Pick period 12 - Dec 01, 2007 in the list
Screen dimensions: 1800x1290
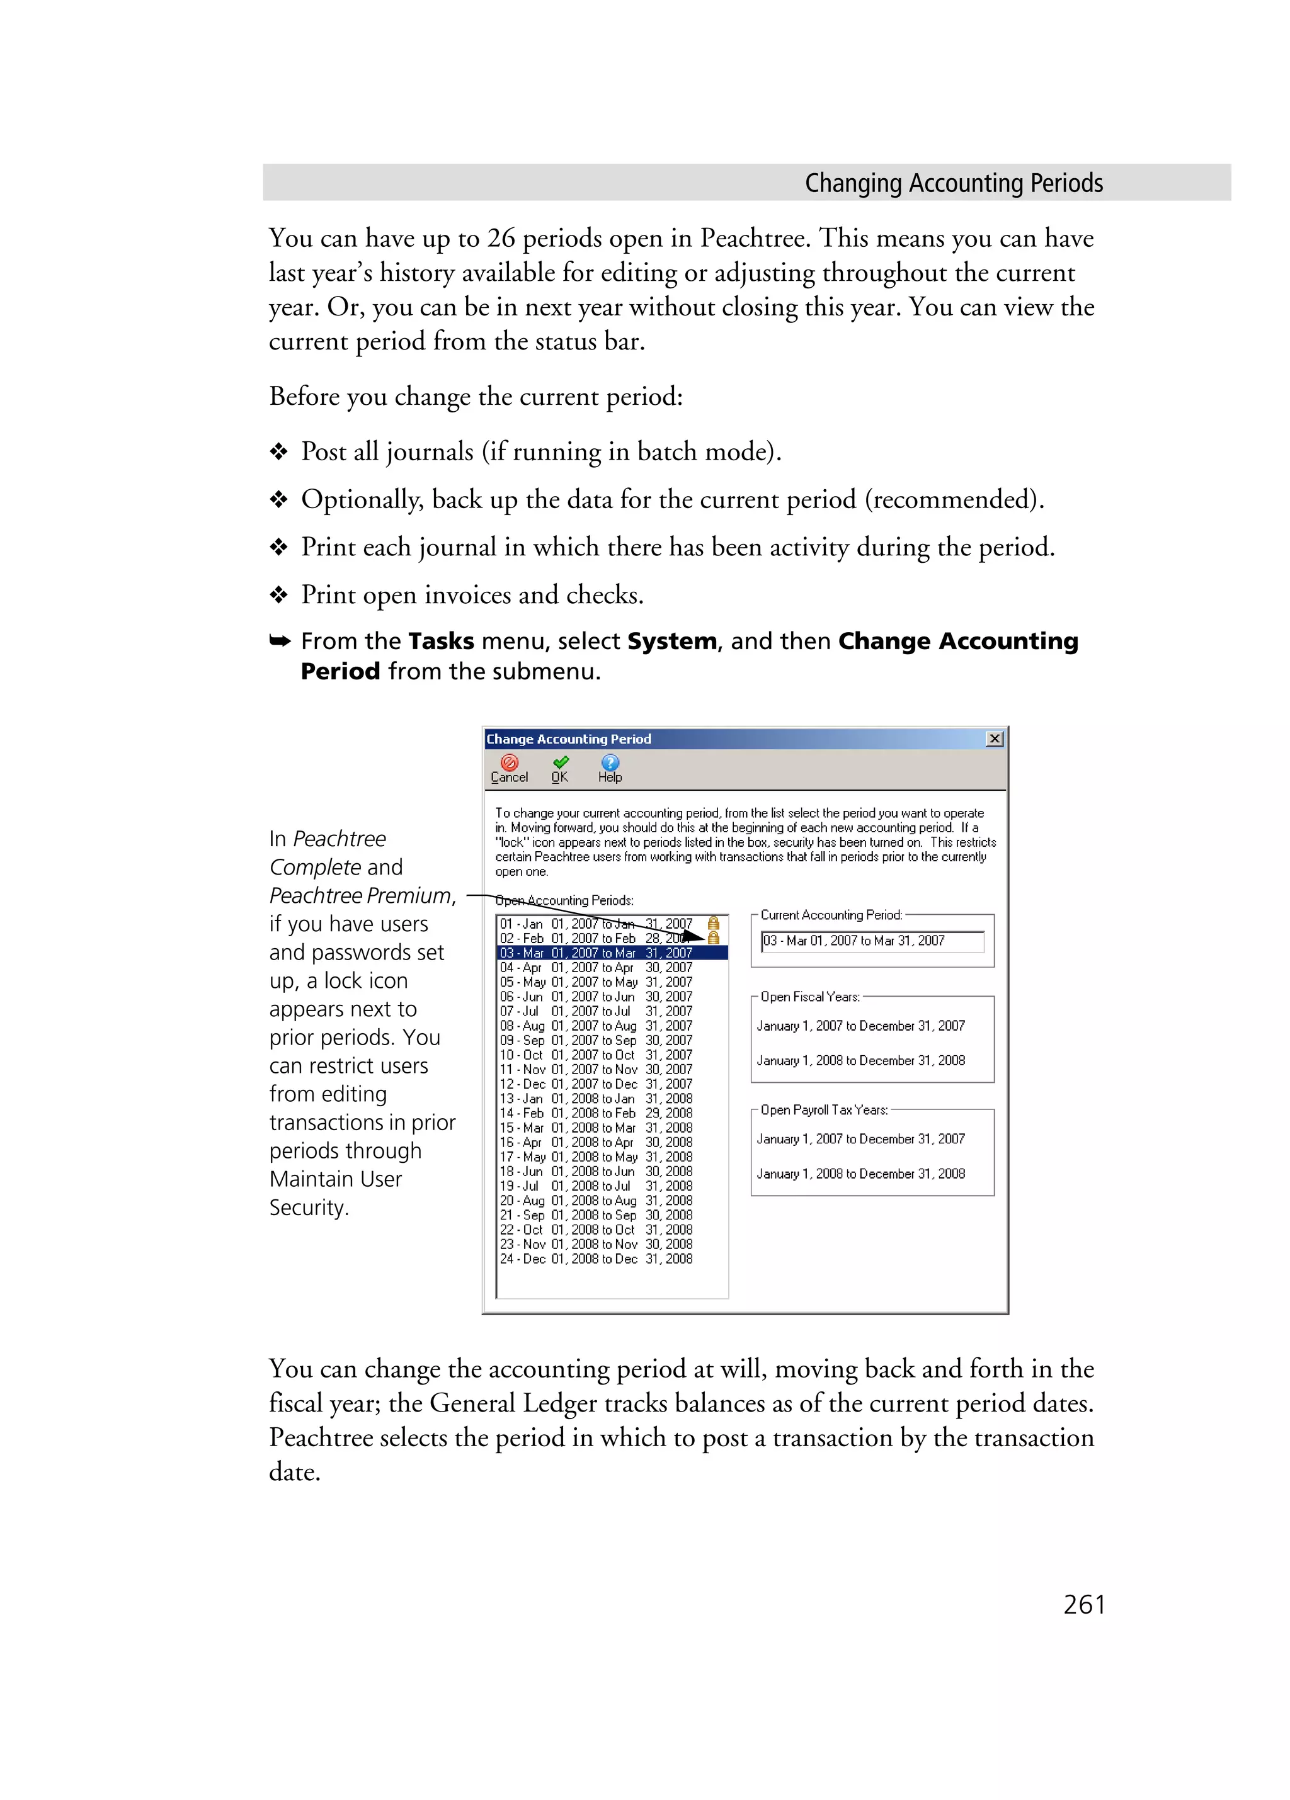tap(595, 1084)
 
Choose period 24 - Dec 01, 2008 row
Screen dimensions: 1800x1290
tap(595, 1259)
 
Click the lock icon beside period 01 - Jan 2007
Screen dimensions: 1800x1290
tap(713, 924)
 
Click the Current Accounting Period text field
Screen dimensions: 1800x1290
tap(872, 941)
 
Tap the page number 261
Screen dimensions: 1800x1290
tap(1083, 1604)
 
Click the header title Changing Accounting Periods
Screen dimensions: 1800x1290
tap(954, 183)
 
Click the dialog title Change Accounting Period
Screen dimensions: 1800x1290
tap(568, 739)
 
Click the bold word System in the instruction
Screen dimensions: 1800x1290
tap(671, 642)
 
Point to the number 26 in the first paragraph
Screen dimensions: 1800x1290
tap(501, 238)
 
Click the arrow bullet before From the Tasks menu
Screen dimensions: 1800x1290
tap(280, 642)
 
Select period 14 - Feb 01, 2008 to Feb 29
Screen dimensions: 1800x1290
tap(595, 1112)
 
